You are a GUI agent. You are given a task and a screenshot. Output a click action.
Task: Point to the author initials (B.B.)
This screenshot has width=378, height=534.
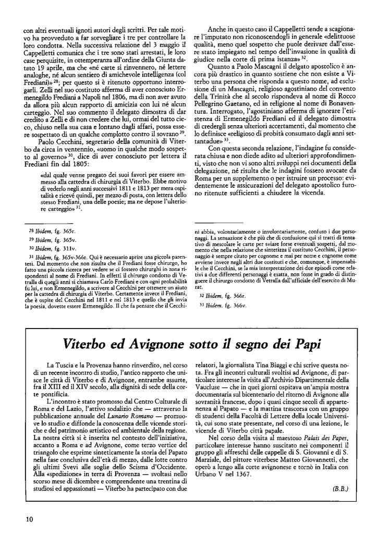coord(339,488)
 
